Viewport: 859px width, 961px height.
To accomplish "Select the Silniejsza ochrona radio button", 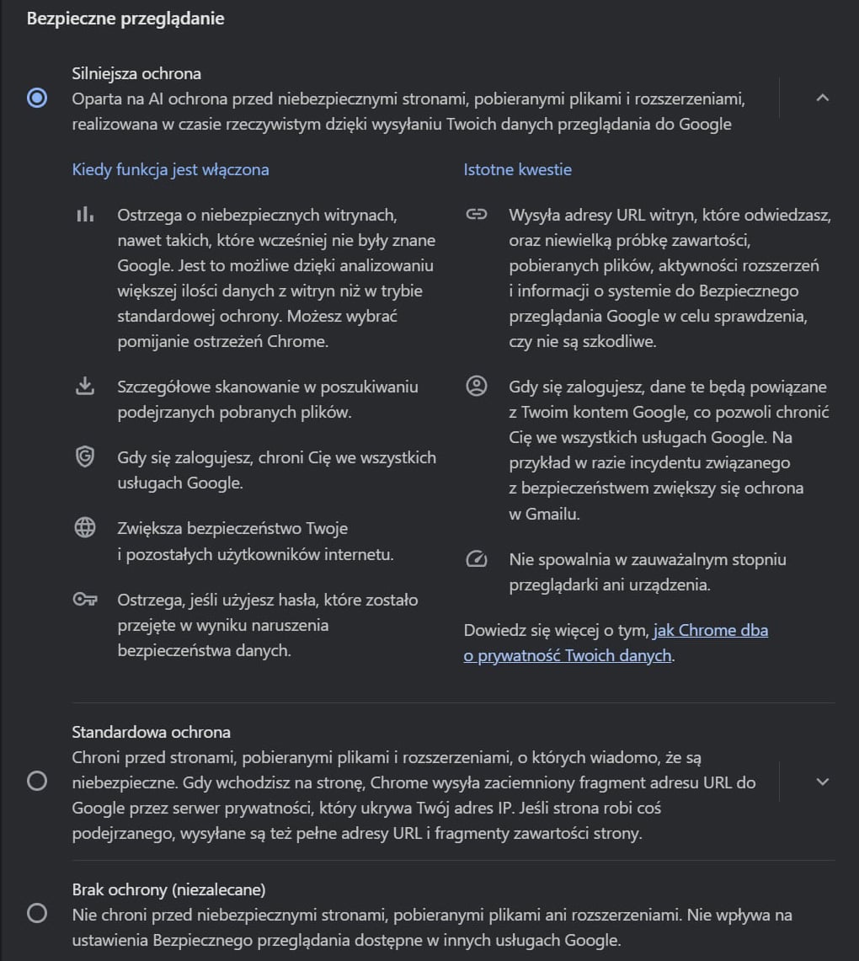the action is [x=37, y=99].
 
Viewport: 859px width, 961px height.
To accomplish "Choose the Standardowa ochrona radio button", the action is [x=37, y=782].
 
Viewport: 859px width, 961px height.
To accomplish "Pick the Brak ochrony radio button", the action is [x=37, y=914].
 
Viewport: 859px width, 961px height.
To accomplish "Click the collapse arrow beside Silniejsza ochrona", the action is [x=823, y=98].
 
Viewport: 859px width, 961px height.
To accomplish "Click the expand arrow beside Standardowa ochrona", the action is [x=823, y=782].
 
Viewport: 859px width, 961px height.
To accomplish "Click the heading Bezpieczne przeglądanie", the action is [x=125, y=18].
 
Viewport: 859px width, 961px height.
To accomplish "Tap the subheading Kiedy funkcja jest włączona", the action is [x=170, y=169].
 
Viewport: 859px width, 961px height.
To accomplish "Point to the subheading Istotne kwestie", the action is [x=517, y=169].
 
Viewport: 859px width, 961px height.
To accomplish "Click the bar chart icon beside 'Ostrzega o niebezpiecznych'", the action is [x=84, y=215].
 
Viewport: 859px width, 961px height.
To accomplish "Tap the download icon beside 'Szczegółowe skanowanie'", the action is [x=84, y=387].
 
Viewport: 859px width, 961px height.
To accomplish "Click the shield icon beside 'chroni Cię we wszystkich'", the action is [x=84, y=457].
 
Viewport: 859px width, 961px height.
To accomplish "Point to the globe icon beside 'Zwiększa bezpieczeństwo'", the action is [x=84, y=528].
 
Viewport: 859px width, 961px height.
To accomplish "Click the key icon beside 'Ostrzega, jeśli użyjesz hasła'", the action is [x=84, y=600].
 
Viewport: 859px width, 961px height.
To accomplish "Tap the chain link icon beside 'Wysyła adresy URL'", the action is [x=477, y=215].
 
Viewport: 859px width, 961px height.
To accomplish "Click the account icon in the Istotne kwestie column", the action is [x=477, y=387].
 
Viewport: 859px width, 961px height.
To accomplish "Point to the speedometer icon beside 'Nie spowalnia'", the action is [x=477, y=559].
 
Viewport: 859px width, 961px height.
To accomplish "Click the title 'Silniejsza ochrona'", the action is [x=136, y=73].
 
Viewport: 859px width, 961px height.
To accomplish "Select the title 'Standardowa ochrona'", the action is [x=151, y=732].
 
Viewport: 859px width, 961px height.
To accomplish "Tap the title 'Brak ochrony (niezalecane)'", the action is [x=168, y=889].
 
